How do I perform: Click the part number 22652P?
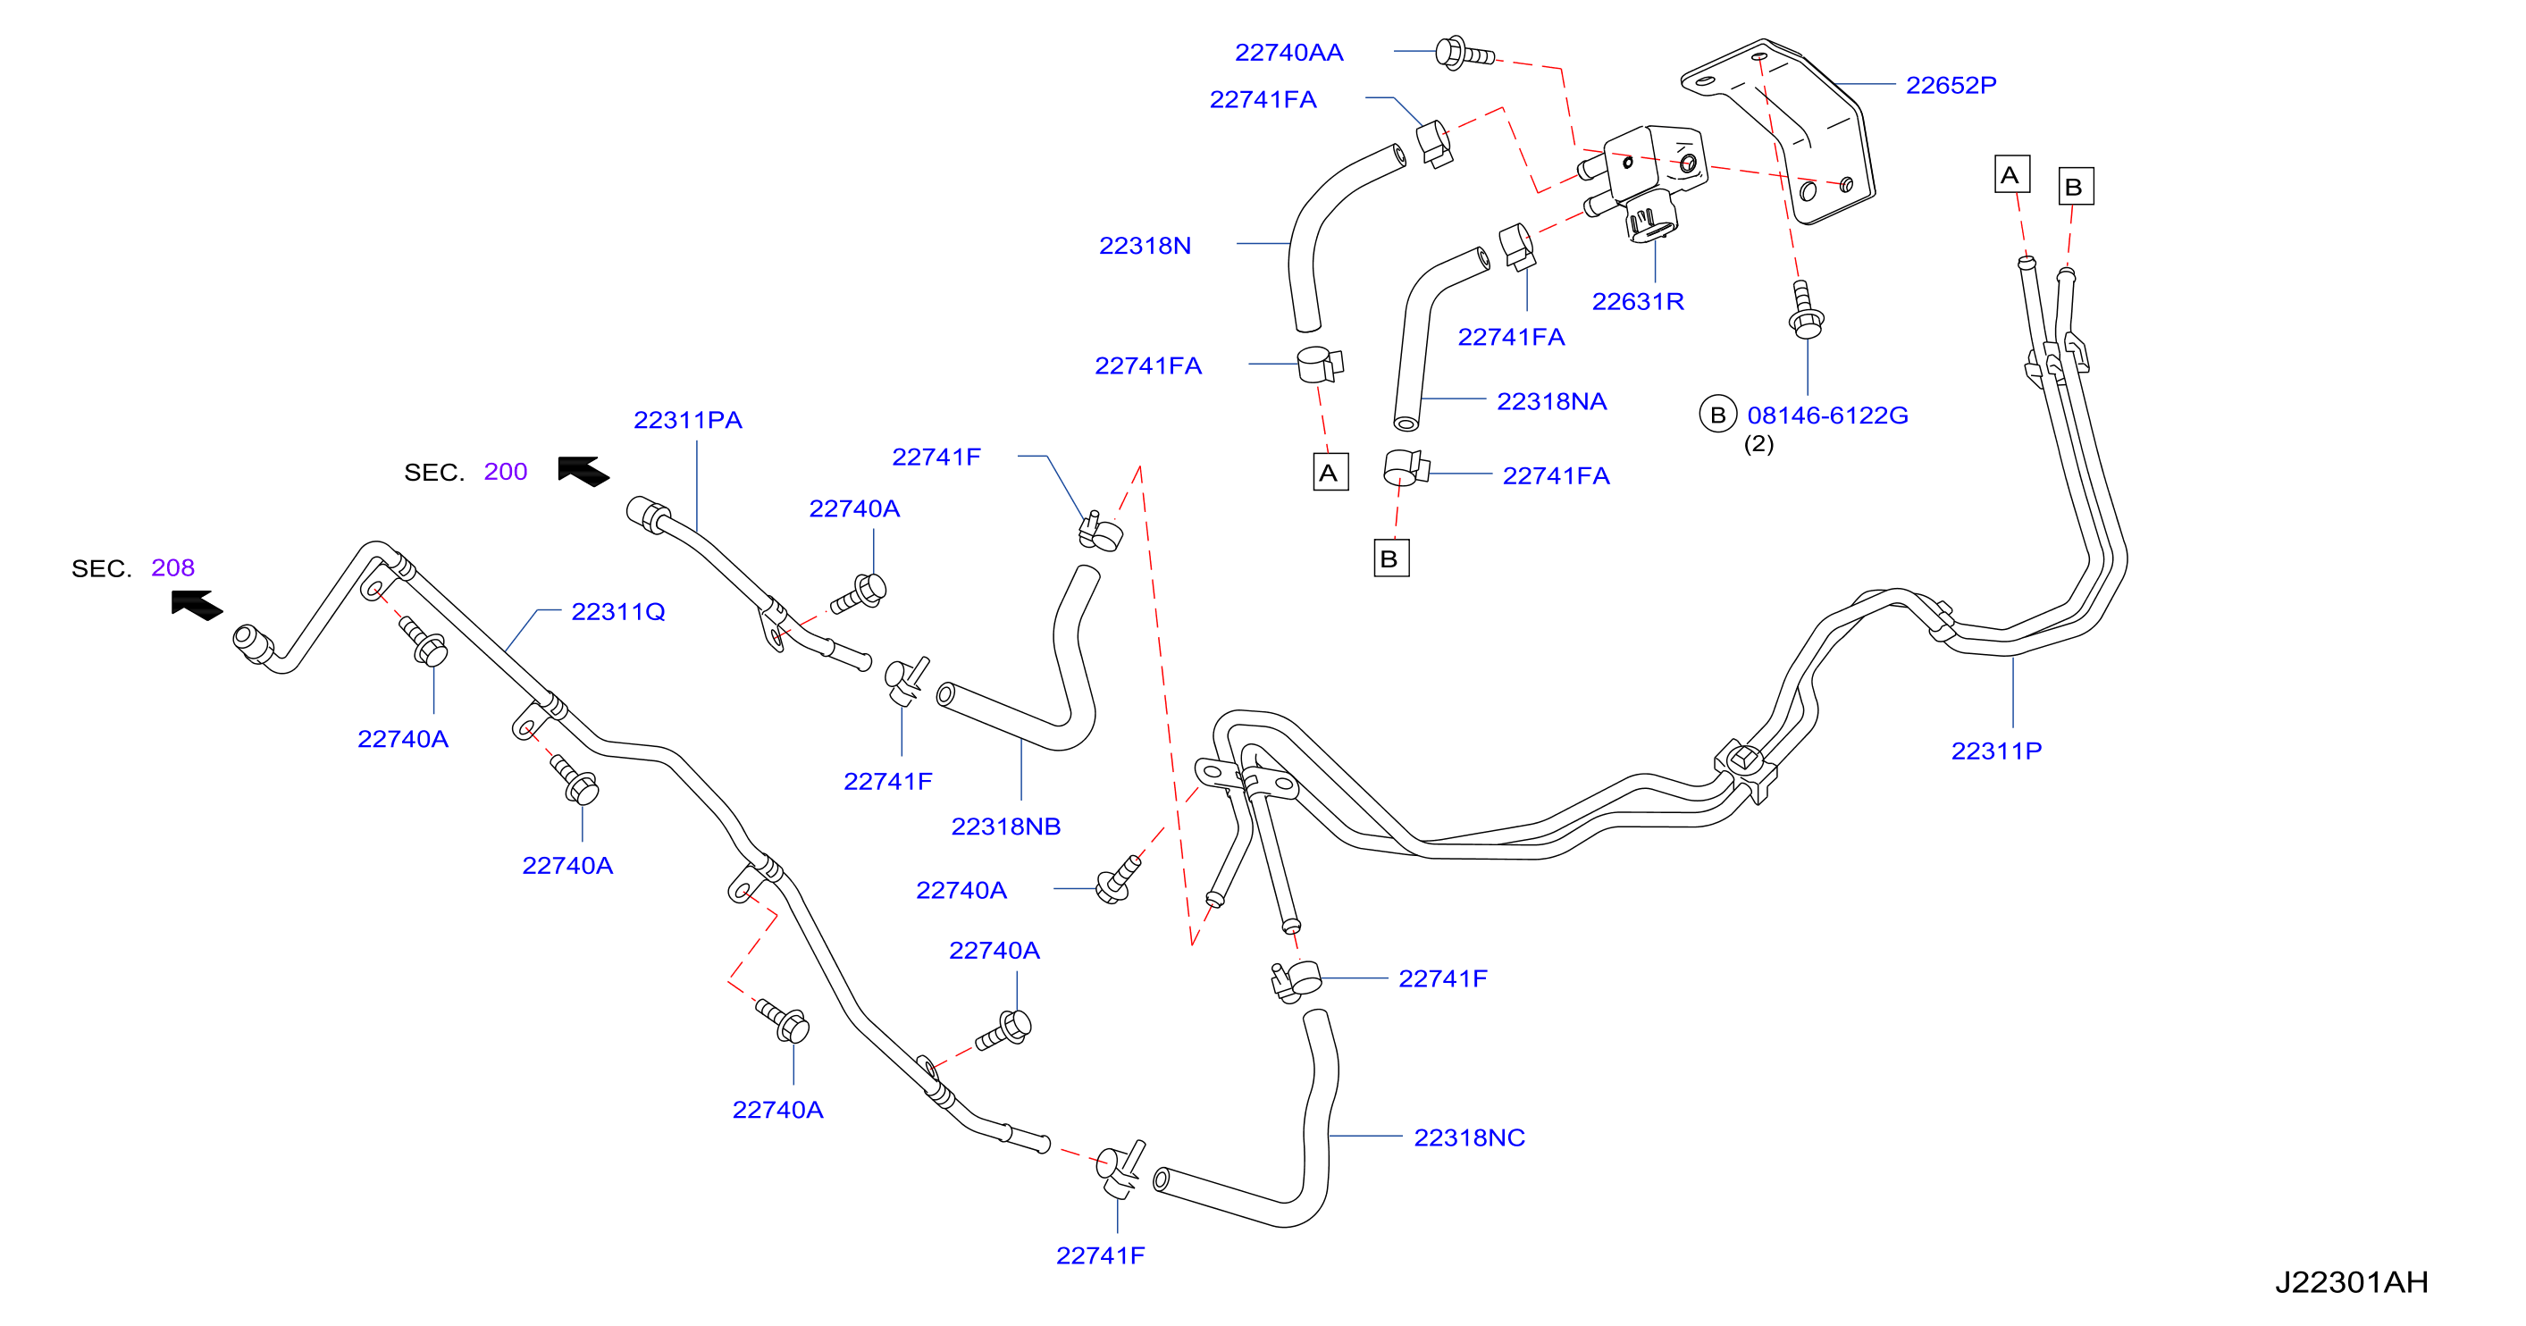tap(1951, 85)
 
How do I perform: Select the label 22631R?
tap(1638, 301)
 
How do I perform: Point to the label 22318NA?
tap(1551, 401)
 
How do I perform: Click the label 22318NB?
tap(1005, 826)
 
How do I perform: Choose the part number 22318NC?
tap(1469, 1137)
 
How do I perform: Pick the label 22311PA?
tap(687, 420)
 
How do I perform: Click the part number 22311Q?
tap(617, 611)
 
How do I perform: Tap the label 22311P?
tap(1996, 751)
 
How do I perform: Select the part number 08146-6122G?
tap(1828, 415)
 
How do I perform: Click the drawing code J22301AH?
tap(2352, 1282)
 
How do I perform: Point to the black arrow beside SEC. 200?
tap(583, 472)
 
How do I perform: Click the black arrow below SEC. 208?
tap(197, 605)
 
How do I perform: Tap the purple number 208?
tap(172, 568)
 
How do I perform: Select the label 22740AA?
tap(1288, 52)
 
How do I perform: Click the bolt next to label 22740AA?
tap(1464, 53)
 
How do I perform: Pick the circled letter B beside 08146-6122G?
tap(1717, 415)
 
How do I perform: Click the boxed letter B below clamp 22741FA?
tap(1390, 558)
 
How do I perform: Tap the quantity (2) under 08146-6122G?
tap(1758, 444)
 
